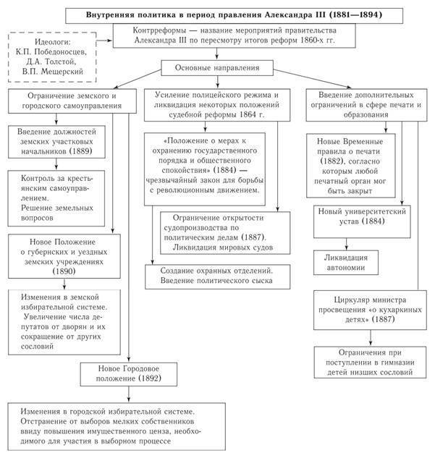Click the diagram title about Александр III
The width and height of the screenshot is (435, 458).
230,14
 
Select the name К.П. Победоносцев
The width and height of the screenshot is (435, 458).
47,53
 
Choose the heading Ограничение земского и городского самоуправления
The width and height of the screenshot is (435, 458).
72,101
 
